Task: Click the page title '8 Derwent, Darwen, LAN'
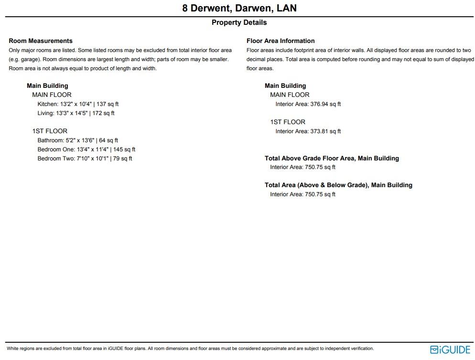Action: click(x=239, y=8)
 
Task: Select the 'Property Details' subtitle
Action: click(x=239, y=22)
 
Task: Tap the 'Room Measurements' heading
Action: click(x=41, y=41)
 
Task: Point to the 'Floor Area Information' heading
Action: click(x=281, y=41)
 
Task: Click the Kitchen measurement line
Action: click(x=78, y=104)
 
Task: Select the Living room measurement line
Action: click(x=76, y=113)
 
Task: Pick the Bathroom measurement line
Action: click(x=77, y=140)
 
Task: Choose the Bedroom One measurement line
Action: click(x=86, y=149)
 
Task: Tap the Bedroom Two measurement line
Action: click(x=85, y=159)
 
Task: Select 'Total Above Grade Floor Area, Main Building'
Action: click(x=332, y=159)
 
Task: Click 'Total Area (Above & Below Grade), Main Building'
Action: click(x=338, y=185)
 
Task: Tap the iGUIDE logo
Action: click(x=450, y=349)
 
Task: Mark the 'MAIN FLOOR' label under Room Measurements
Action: click(x=52, y=95)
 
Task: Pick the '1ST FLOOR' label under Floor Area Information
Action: click(x=288, y=122)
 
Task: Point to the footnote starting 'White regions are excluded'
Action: click(x=190, y=349)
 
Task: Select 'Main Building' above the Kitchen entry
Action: click(x=47, y=86)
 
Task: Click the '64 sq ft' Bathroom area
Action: click(x=108, y=140)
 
